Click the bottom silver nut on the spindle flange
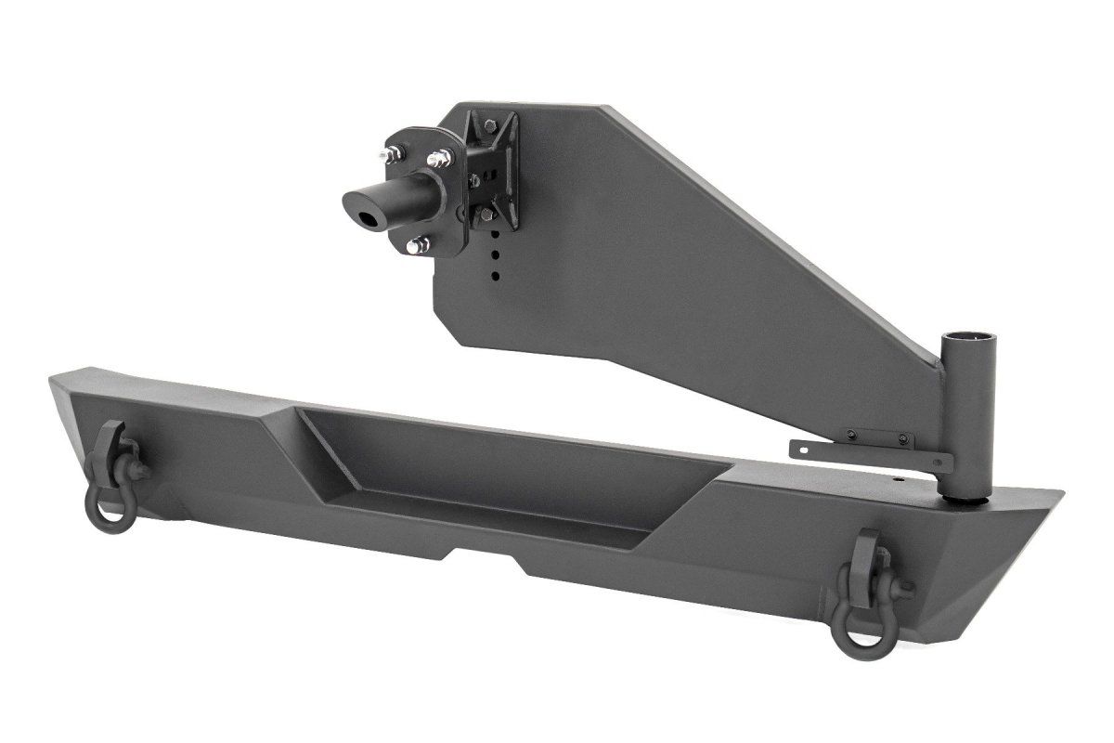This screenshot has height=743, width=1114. coord(420,246)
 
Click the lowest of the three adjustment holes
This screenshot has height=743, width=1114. coord(497,274)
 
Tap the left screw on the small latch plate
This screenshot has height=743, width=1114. coord(850,436)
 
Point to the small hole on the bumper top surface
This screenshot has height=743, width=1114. coord(898,480)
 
